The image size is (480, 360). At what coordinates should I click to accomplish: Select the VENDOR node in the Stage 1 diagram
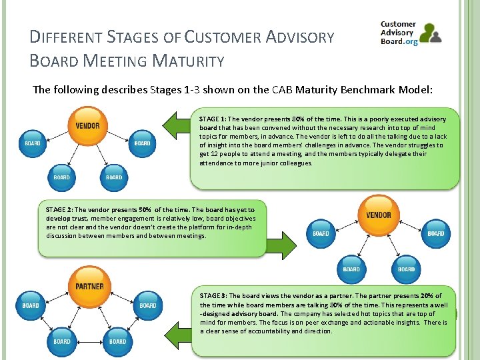[x=87, y=125]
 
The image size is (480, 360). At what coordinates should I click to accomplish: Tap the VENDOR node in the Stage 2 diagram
[x=379, y=215]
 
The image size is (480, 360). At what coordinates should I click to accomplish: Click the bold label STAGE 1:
[x=213, y=119]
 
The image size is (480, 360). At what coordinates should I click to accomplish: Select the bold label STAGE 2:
[x=59, y=209]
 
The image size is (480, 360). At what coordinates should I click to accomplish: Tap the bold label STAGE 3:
[x=213, y=296]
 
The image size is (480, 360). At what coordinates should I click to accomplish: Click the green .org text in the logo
[x=410, y=41]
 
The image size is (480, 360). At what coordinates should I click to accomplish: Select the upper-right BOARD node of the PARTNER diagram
[x=147, y=305]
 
